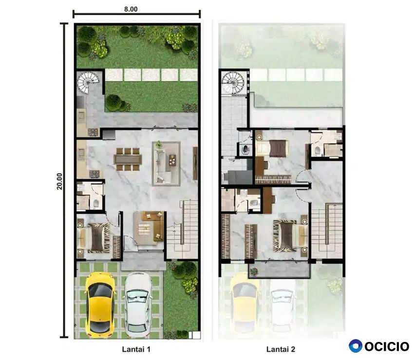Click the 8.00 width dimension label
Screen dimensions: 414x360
tap(131, 9)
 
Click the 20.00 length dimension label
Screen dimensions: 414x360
tap(60, 181)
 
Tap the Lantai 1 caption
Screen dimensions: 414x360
tap(136, 349)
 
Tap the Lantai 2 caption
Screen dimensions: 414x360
tap(281, 349)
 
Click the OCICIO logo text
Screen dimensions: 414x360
tap(387, 346)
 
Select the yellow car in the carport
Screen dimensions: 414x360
tap(101, 305)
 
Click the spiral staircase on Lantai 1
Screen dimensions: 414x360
tap(88, 82)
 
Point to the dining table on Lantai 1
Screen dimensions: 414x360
tap(128, 159)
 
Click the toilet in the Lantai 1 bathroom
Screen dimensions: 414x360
tap(96, 203)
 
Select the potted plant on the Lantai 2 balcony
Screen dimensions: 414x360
tap(254, 271)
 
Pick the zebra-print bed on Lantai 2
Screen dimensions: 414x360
tap(289, 236)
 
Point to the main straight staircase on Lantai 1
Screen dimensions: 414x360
tap(183, 229)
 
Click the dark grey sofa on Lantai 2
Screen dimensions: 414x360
tap(237, 177)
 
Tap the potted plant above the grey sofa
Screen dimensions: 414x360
tap(159, 144)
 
